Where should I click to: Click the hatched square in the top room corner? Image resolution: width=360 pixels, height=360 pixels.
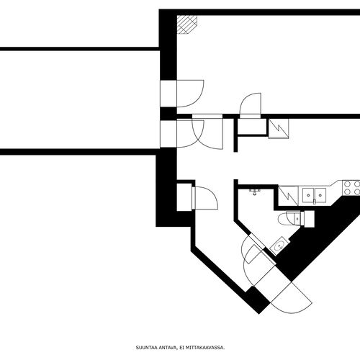(187, 24)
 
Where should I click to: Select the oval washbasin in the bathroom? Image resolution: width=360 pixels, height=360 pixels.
(279, 246)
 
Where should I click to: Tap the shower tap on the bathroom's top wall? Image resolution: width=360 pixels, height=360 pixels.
(255, 192)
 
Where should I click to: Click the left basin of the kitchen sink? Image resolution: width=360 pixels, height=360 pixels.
(308, 195)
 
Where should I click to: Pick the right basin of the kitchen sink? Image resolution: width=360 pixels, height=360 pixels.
(320, 195)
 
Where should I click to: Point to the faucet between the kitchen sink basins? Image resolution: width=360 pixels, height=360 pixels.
(314, 201)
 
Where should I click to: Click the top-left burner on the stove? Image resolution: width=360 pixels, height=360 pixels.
(348, 184)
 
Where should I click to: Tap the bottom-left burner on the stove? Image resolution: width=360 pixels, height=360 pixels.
(348, 192)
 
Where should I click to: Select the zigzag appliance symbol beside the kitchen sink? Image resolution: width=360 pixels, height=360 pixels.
(288, 196)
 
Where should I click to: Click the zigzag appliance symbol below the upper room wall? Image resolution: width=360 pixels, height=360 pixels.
(279, 129)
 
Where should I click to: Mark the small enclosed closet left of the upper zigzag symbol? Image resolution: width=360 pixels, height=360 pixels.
(252, 126)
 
